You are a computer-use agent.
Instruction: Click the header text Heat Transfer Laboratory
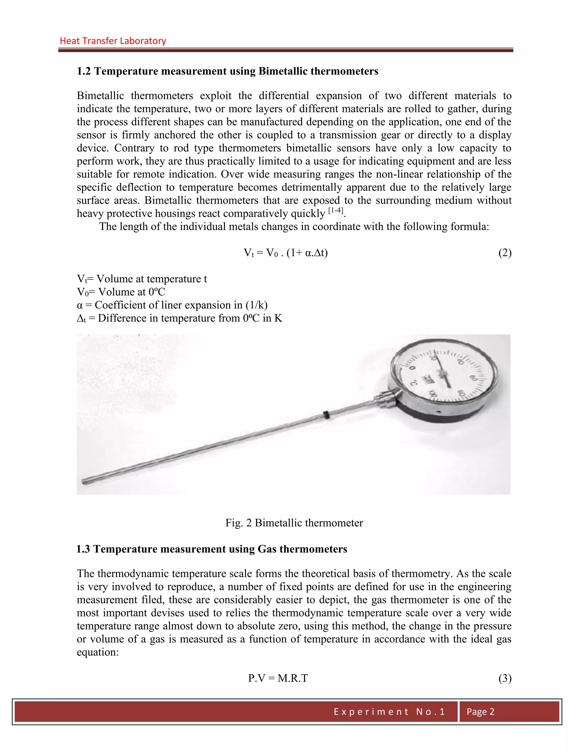coord(113,41)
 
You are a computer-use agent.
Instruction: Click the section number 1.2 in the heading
coord(84,71)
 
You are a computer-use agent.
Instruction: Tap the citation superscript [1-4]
coord(336,211)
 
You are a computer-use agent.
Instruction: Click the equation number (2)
coord(505,253)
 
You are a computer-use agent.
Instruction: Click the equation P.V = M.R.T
coord(278,678)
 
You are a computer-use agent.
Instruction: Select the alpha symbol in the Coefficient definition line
coord(80,305)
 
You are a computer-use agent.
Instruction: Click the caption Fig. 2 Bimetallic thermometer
coord(294,523)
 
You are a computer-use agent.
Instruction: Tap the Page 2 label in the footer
coord(480,711)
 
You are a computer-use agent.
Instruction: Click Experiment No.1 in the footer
coord(389,711)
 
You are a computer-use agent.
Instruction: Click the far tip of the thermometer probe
coord(84,482)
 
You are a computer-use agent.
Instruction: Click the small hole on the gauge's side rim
coord(438,412)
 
